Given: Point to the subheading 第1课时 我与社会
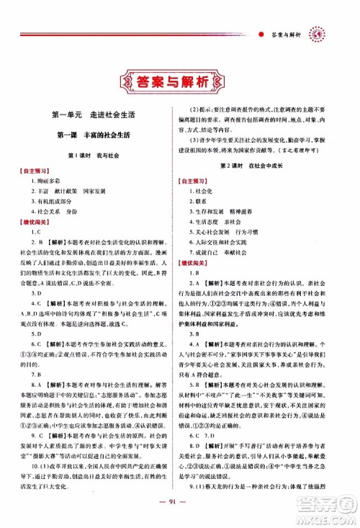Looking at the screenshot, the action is pyautogui.click(x=95, y=156).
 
